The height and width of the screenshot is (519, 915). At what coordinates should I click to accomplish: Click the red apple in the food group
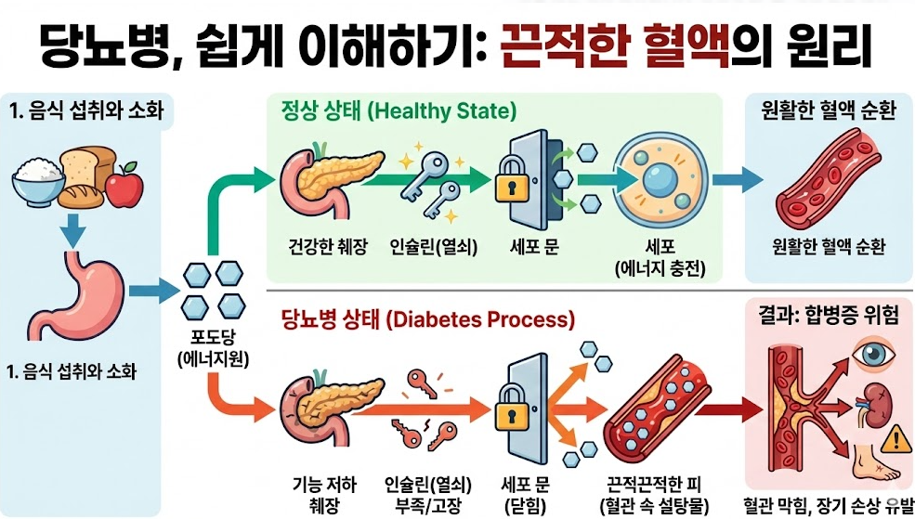click(124, 188)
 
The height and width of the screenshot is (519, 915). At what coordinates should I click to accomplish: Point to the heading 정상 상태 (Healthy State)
click(398, 111)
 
